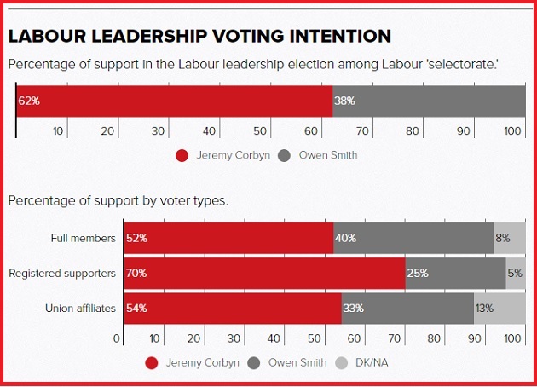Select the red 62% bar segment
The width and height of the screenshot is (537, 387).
click(175, 101)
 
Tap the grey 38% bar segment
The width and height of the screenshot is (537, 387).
click(429, 101)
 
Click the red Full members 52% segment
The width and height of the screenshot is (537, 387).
click(228, 238)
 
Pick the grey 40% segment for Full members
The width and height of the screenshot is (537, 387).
click(413, 238)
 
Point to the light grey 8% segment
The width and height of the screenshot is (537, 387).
click(510, 238)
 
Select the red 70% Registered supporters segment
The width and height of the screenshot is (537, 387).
click(265, 274)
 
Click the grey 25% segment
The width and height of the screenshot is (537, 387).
click(455, 274)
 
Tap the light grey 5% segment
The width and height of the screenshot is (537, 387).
click(516, 274)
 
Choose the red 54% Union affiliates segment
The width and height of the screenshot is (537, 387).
click(233, 309)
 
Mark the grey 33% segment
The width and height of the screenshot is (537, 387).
click(407, 309)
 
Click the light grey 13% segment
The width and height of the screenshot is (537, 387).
click(499, 309)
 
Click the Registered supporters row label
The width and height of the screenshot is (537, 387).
click(62, 274)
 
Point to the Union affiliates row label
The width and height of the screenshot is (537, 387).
click(80, 309)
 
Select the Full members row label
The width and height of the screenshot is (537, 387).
click(84, 238)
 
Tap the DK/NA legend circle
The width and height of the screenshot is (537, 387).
click(341, 363)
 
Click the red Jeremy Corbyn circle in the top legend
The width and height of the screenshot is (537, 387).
click(182, 156)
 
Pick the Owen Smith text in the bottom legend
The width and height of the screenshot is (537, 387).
click(297, 362)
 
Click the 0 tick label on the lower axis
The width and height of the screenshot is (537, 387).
click(117, 338)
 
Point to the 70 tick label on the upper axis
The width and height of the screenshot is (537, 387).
click(362, 131)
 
